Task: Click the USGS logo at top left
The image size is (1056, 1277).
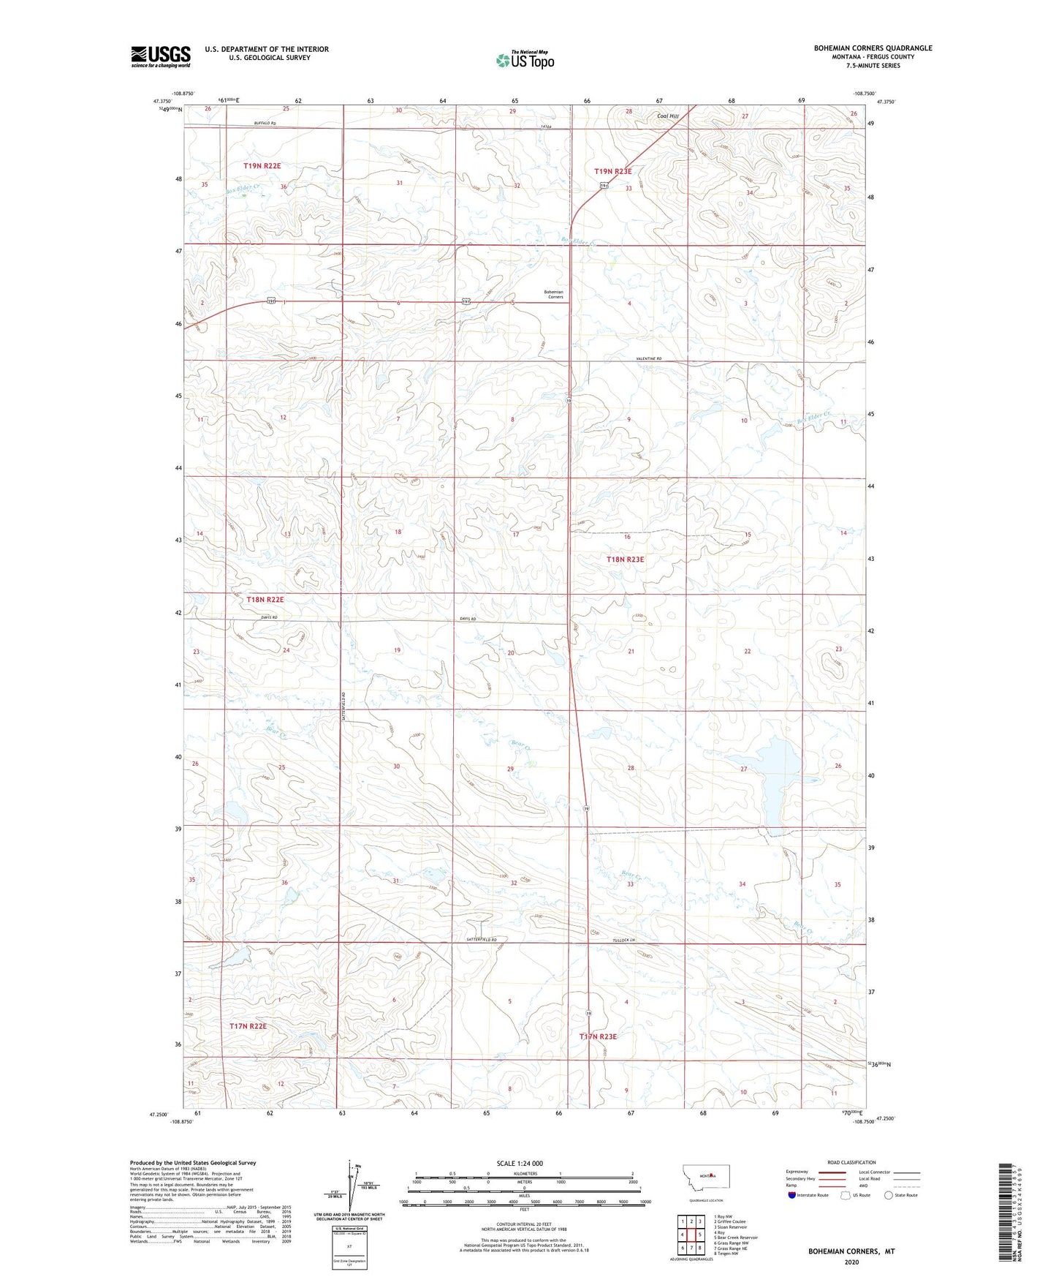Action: point(161,56)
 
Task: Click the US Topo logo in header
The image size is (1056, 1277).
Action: point(524,61)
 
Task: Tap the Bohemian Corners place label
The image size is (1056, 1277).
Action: point(553,295)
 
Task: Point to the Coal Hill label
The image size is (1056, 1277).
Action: point(668,116)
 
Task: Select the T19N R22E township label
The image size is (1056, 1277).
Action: point(262,166)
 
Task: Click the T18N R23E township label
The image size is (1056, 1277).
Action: point(625,560)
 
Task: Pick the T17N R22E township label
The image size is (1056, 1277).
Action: point(248,1026)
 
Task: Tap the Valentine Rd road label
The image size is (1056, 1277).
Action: point(647,358)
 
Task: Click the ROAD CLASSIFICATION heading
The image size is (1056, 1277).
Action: point(851,1162)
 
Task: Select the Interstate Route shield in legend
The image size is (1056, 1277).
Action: point(793,1196)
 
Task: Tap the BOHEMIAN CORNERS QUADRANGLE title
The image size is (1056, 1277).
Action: point(873,48)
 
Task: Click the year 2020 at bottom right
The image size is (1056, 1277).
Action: point(851,1262)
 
